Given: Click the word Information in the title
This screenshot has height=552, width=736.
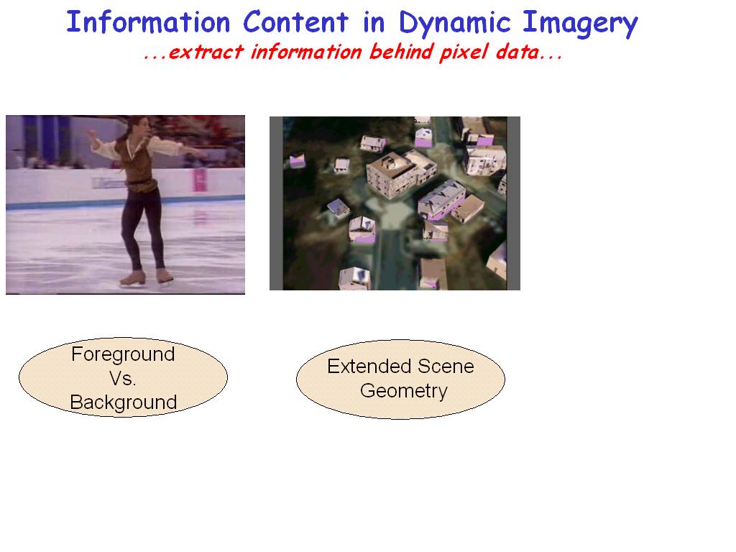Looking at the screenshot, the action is (x=148, y=22).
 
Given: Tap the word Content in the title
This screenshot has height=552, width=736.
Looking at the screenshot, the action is (x=295, y=22).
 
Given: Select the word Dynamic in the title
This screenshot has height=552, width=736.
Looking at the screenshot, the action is (x=454, y=24).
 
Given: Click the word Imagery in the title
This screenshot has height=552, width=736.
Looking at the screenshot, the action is (x=580, y=24).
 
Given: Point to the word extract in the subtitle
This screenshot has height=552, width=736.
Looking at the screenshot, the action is (x=206, y=52).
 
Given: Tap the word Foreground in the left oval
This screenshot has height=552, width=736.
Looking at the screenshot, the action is (x=123, y=354).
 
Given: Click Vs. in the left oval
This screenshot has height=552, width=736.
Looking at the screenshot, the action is (x=122, y=378).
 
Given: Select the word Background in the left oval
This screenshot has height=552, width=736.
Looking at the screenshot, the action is (x=124, y=402).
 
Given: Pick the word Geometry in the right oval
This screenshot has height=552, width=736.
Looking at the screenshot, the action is (x=404, y=391).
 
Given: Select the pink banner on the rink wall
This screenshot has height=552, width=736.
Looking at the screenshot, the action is (x=200, y=180).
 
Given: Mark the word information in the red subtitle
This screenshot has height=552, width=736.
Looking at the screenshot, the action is (x=306, y=52).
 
